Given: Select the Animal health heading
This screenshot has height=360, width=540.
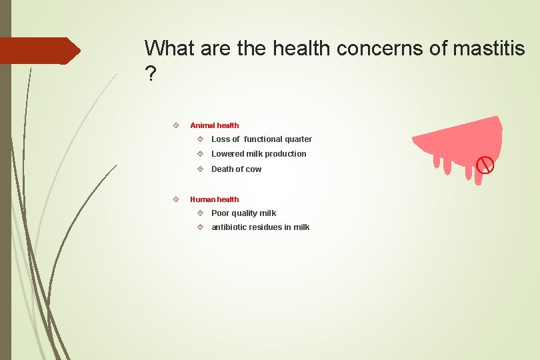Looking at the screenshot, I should (x=214, y=125).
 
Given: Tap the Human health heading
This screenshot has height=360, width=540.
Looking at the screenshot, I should (x=214, y=199).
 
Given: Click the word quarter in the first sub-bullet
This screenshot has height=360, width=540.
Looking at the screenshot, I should (x=297, y=139).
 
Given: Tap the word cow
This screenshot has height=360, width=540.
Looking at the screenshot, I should (x=253, y=169).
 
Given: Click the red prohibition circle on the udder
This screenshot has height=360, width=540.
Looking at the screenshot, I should (x=486, y=164).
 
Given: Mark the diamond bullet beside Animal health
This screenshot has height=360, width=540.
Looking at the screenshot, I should (x=175, y=125).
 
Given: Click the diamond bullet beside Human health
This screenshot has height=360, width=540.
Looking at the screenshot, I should (x=175, y=199).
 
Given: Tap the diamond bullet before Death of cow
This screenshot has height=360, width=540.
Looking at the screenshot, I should (x=201, y=169).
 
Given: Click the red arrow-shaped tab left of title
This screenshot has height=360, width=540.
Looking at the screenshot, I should (x=40, y=51).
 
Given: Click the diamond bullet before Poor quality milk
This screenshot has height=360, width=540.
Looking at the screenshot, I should (x=201, y=213).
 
